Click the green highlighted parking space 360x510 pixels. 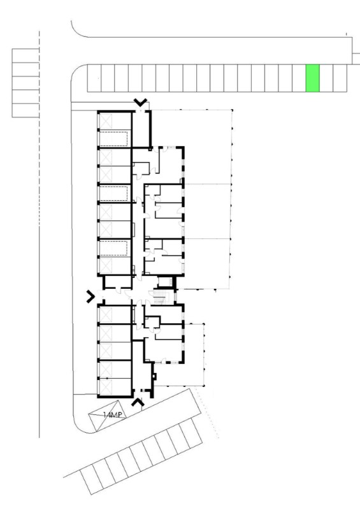coord(312,78)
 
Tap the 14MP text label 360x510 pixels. coord(113,415)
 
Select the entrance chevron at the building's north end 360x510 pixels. coord(140,102)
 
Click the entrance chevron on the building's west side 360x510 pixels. coord(90,296)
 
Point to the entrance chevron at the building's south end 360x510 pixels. coord(138,402)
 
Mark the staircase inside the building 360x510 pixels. coord(160,297)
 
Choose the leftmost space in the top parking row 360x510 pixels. coord(94,78)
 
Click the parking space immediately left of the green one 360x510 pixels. coord(299,78)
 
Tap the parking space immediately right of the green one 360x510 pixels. coord(326,78)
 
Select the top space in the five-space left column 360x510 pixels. coord(25,55)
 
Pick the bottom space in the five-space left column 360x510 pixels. coord(25,110)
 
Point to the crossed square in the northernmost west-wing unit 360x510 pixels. coord(106,121)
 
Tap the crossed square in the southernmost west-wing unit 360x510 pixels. coord(105,387)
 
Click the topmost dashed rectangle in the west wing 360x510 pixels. coord(113,138)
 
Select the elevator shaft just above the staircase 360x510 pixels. coord(165,282)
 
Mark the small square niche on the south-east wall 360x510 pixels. coord(154,376)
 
